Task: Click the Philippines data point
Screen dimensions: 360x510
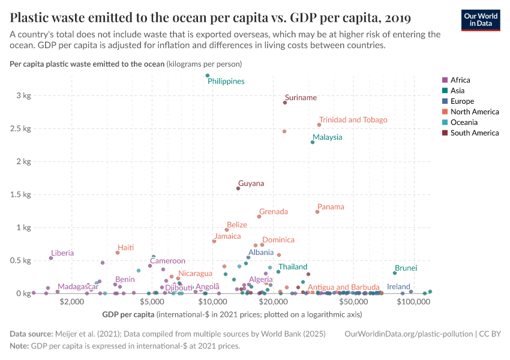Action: point(208,76)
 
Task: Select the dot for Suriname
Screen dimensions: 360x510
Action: point(285,103)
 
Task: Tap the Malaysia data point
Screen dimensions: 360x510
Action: point(313,142)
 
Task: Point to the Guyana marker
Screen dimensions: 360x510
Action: point(238,188)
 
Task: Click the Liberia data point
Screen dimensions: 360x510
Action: point(51,258)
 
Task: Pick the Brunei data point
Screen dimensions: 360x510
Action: point(394,273)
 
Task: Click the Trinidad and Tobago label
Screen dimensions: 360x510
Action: point(353,120)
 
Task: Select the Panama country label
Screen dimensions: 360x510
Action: point(331,207)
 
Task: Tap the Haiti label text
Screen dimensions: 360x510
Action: point(125,248)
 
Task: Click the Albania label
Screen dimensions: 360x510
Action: point(261,253)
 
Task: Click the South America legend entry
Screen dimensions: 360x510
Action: point(474,133)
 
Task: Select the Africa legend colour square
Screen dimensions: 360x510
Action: point(445,80)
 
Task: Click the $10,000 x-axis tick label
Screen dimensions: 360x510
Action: point(214,302)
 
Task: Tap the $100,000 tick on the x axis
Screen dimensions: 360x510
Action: point(412,302)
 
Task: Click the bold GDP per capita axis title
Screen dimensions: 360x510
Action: point(128,314)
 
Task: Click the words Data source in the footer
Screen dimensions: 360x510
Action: point(30,334)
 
